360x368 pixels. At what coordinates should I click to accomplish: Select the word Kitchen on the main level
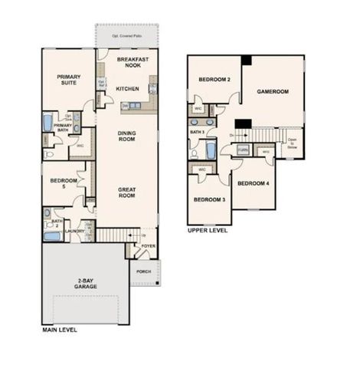[x=126, y=89]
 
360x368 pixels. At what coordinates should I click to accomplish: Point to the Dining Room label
[x=126, y=136]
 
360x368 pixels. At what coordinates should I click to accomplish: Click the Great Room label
[x=126, y=192]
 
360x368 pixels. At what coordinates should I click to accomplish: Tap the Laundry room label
[x=74, y=230]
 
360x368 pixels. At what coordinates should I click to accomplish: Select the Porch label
[x=142, y=271]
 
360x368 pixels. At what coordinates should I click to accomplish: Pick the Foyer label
[x=148, y=246]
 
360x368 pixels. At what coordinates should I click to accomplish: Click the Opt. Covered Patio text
[x=127, y=36]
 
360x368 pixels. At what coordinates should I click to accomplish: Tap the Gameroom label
[x=272, y=90]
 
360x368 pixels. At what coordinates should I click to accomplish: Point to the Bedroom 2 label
[x=214, y=80]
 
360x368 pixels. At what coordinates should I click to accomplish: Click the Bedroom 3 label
[x=208, y=200]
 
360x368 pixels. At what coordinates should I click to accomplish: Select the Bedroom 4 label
[x=252, y=184]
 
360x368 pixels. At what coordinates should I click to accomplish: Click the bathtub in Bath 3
[x=211, y=150]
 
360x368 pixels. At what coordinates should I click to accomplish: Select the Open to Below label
[x=292, y=142]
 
